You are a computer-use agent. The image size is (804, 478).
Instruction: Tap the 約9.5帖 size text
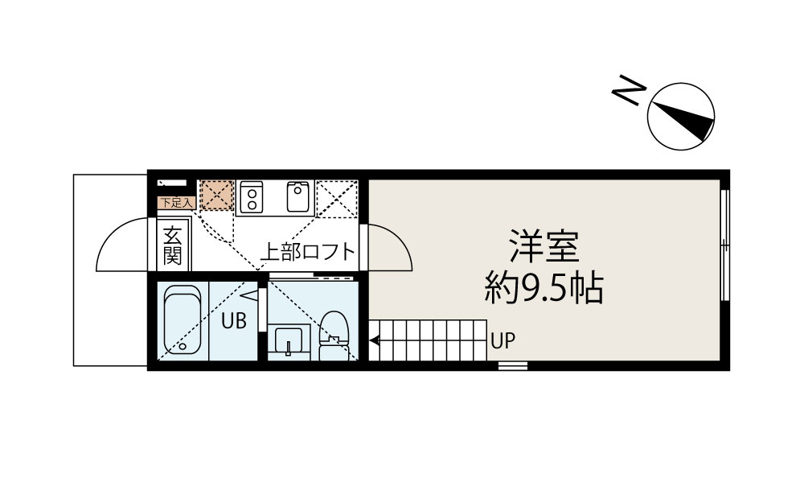point(544,288)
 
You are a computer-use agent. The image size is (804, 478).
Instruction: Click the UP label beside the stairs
point(503,341)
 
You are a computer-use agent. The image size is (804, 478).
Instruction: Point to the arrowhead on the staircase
point(374,341)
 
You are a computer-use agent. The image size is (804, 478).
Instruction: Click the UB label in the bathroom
point(233,319)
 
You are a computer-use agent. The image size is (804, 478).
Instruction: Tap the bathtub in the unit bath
point(181,322)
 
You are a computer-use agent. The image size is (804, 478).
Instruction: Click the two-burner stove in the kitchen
point(252,196)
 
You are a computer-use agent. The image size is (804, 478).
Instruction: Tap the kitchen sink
point(297,196)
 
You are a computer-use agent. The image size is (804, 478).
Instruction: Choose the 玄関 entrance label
point(171,245)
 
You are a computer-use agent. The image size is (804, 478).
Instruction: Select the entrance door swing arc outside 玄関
point(121,246)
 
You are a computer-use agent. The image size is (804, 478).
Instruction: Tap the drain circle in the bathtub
point(183,347)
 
